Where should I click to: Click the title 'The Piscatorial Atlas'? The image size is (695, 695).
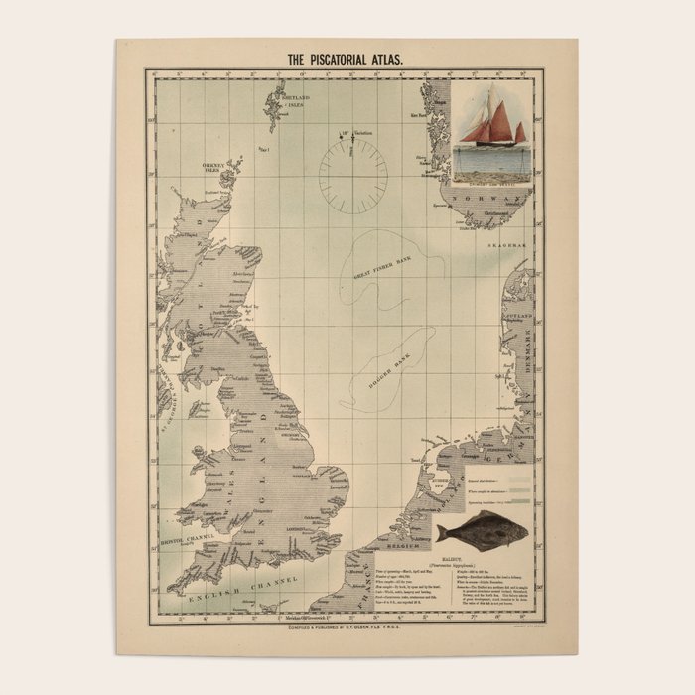click(345, 60)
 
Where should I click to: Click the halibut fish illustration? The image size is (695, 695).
click(485, 531)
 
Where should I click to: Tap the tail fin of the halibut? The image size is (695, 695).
click(442, 534)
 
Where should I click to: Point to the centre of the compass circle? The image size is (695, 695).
click(353, 176)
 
